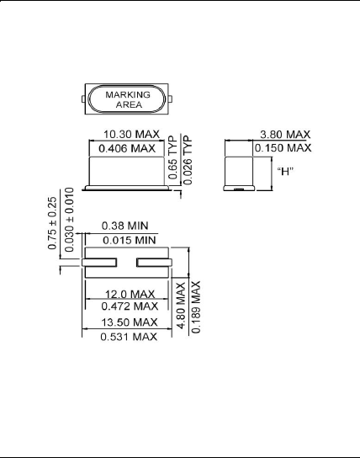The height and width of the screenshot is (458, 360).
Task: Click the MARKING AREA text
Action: pyautogui.click(x=127, y=100)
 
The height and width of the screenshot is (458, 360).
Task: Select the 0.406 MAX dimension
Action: pyautogui.click(x=128, y=148)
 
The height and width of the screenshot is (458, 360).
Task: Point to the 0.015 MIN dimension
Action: pyautogui.click(x=126, y=240)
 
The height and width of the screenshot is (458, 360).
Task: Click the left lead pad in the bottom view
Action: pyautogui.click(x=99, y=266)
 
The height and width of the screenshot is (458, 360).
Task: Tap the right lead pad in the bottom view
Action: pyautogui.click(x=156, y=266)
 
